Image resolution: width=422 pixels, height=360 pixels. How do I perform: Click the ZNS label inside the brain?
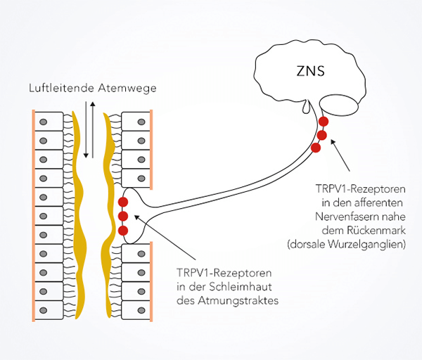[x=310, y=71]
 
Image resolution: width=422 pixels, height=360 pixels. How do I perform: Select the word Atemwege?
[x=127, y=89]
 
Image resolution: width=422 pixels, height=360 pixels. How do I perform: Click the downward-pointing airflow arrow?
[x=86, y=130]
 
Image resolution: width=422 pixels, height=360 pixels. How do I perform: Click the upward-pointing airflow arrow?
[x=93, y=130]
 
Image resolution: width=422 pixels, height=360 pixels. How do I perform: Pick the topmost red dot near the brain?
[x=324, y=122]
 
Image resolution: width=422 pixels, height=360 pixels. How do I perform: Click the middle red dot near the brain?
[x=322, y=135]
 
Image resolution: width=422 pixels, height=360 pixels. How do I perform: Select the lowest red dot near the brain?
[x=316, y=148]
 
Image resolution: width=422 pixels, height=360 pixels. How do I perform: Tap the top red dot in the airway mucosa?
[x=123, y=202]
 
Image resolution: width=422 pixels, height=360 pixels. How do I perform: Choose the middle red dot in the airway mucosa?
[x=123, y=216]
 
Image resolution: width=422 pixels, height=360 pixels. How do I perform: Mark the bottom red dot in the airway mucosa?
[x=123, y=231]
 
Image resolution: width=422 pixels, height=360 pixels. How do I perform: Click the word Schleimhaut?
[x=241, y=287]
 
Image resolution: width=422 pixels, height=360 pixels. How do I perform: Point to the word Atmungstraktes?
[x=238, y=301]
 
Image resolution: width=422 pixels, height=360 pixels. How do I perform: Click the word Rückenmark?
[x=376, y=231]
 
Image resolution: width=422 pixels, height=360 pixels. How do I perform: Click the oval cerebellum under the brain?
[x=338, y=105]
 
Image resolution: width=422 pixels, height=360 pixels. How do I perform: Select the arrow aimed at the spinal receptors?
[x=340, y=155]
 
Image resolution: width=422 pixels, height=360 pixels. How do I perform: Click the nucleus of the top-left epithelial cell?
[x=44, y=122]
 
